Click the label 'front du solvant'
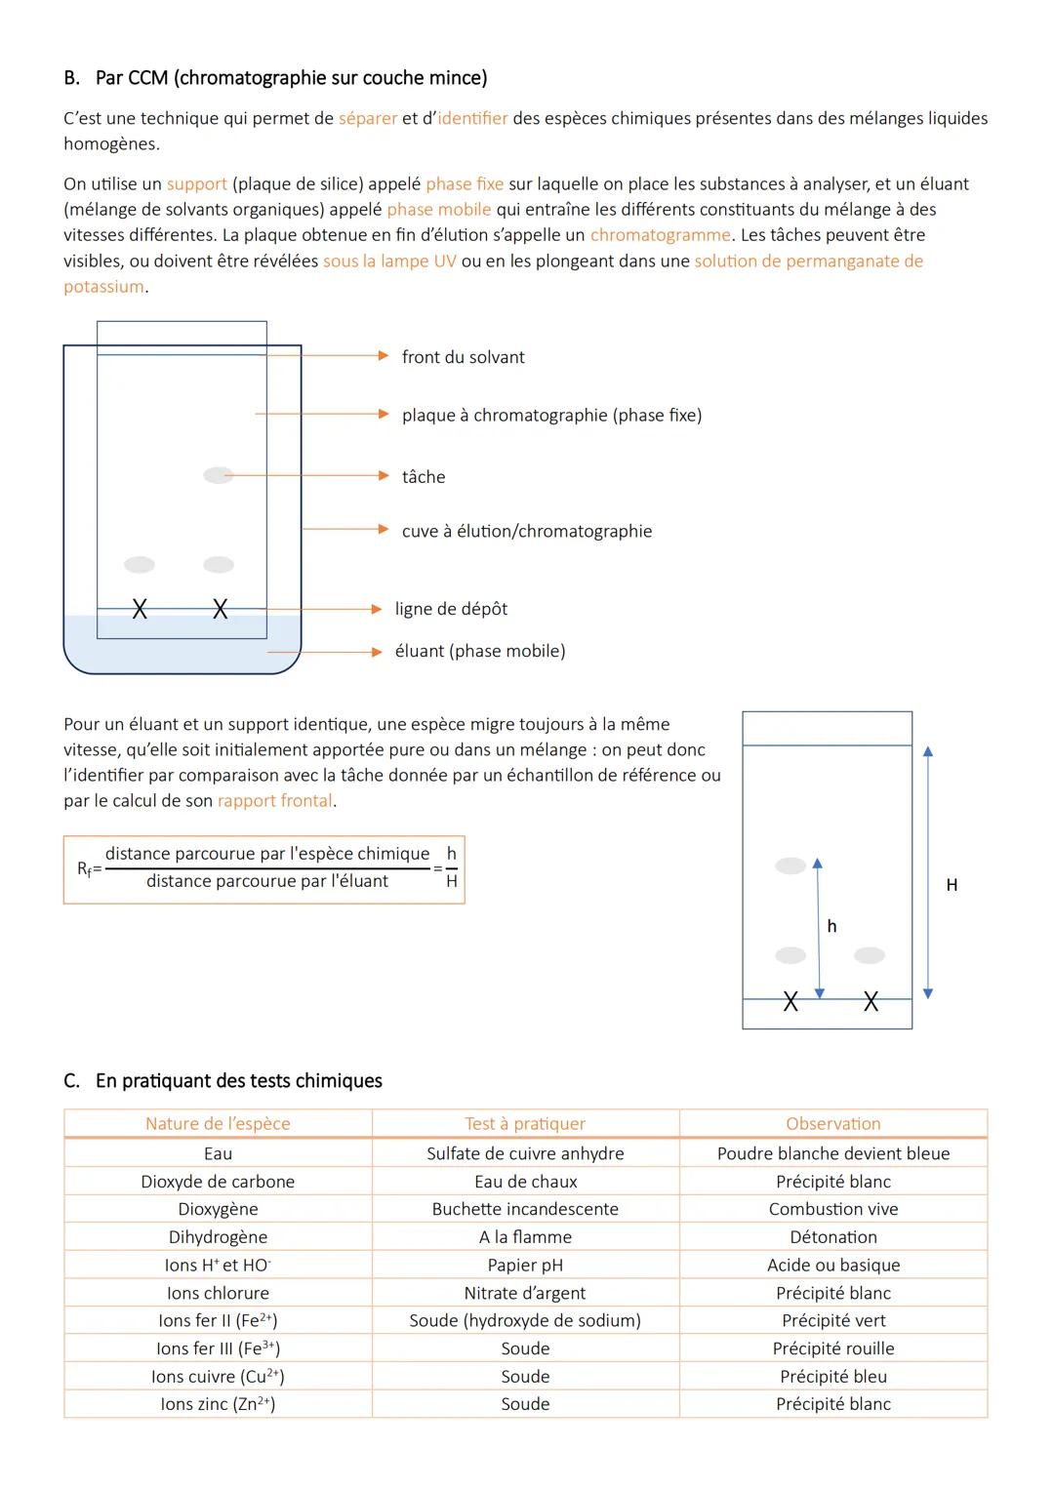coord(463,357)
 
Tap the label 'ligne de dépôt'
coord(451,609)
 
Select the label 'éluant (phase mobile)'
coord(479,651)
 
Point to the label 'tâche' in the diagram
coord(424,476)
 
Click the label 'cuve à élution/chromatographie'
coord(526,531)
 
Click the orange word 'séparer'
coord(368,118)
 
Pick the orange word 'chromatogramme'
coord(660,235)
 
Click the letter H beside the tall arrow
coord(952,885)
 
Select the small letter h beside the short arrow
coord(831,926)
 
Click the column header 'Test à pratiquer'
coord(525,1123)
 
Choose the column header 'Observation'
coord(832,1123)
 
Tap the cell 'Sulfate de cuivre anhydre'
coord(525,1153)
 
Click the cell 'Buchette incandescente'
coord(525,1209)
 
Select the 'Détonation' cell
coord(832,1237)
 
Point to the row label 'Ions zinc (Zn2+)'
coord(218,1404)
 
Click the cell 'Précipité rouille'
coord(832,1348)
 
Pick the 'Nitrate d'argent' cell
coord(525,1293)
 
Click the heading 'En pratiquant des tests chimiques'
coord(238,1081)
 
